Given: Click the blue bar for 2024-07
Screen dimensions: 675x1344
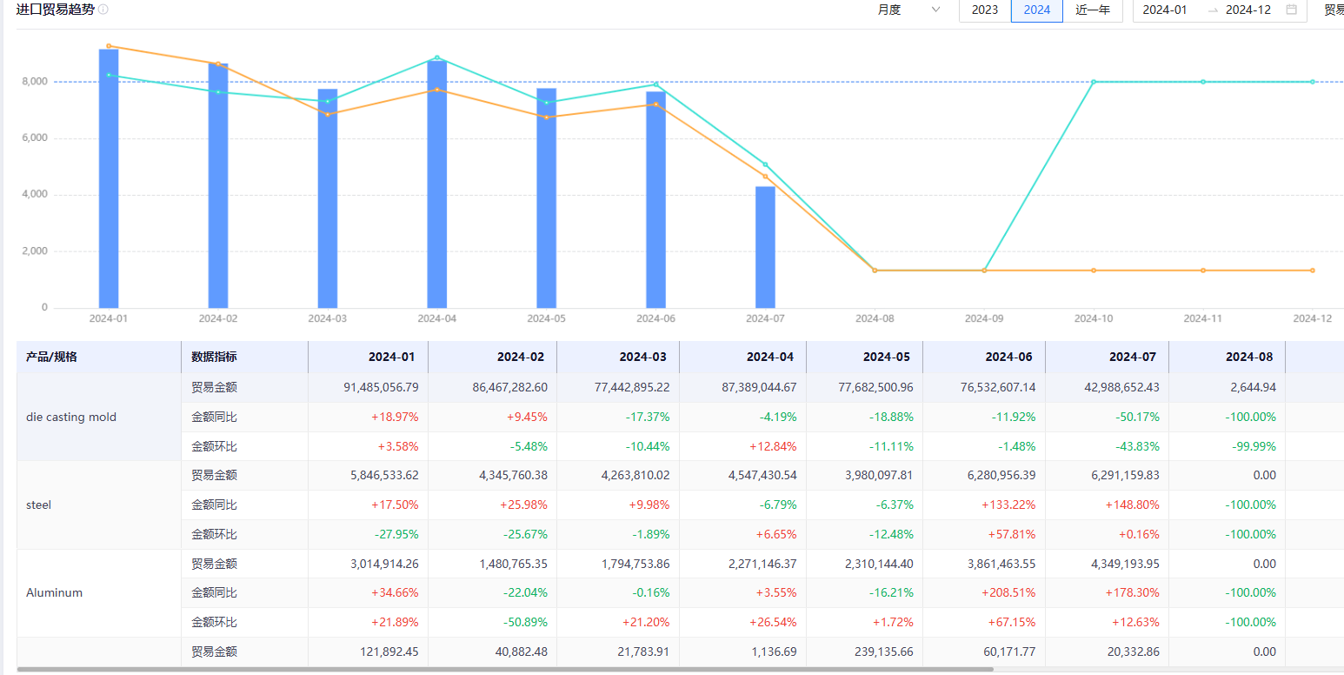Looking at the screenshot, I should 765,247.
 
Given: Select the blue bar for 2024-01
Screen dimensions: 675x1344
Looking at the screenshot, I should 109,178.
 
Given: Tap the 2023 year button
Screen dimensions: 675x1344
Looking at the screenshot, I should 985,10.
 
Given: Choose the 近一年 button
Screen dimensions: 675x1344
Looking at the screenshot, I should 1093,10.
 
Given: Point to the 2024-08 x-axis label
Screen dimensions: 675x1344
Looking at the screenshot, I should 875,318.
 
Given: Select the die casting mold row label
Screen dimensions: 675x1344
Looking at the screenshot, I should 71,418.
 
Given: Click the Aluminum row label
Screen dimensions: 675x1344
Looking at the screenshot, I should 54,593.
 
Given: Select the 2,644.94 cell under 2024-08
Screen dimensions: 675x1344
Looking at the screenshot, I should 1250,387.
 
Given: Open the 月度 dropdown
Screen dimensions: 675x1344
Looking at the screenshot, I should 909,10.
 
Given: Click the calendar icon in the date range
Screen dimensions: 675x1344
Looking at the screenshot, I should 1292,10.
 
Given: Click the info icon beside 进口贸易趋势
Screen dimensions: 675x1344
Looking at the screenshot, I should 103,10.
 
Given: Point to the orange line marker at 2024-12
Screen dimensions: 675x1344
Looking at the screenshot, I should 1313,271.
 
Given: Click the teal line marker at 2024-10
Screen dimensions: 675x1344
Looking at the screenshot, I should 1094,82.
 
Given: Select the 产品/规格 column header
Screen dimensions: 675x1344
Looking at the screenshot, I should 51,357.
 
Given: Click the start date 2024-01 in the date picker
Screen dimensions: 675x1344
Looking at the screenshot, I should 1165,10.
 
